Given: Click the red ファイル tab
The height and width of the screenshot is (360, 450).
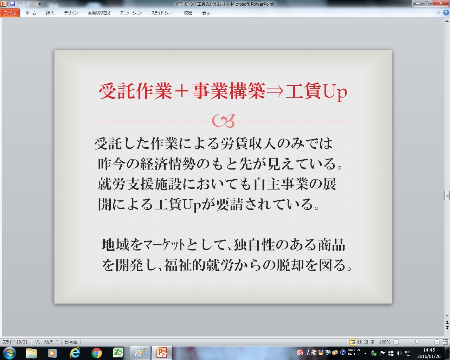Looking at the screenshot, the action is (10, 13).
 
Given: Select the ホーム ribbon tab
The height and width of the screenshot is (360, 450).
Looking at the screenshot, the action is (31, 13).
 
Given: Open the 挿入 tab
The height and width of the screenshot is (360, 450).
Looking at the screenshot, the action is (50, 13).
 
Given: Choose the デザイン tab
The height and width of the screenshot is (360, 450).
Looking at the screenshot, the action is (71, 13).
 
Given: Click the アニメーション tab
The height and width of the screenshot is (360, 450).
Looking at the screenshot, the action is (131, 13).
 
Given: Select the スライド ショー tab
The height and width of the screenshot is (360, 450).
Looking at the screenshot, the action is (162, 13).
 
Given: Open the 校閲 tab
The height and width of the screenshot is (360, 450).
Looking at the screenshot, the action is (188, 13).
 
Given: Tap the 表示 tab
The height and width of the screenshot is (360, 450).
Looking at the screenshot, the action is (206, 13).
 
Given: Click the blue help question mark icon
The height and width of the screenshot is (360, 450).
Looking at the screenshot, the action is (446, 13).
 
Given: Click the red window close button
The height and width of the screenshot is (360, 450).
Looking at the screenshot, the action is (441, 3).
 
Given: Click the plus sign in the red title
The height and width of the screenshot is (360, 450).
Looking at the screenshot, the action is (181, 91).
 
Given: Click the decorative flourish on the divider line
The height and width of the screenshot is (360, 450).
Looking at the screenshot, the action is (223, 121).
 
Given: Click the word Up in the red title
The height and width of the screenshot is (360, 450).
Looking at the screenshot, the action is (335, 92).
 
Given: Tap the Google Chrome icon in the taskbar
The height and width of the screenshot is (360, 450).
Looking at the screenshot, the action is (97, 353).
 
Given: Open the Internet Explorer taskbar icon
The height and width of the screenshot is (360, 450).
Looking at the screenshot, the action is (75, 353).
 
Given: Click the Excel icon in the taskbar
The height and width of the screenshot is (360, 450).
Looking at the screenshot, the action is (118, 353).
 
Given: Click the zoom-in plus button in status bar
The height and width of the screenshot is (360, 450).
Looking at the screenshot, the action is (437, 342).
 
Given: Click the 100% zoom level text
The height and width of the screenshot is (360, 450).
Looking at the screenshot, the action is (385, 342).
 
